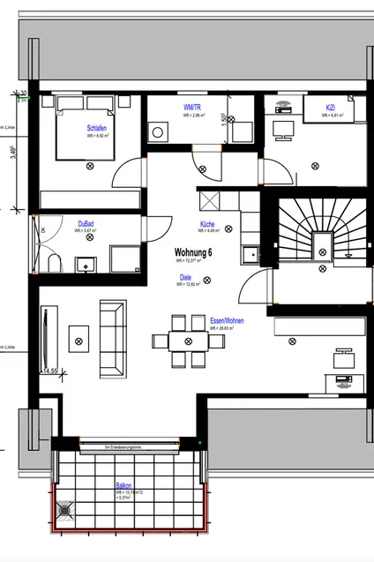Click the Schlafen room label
pyautogui.click(x=96, y=128)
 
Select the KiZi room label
pyautogui.click(x=330, y=107)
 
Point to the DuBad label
pyautogui.click(x=86, y=223)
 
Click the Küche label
pyautogui.click(x=207, y=224)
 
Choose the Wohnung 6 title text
pyautogui.click(x=195, y=252)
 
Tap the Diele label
pyautogui.click(x=186, y=277)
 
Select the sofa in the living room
pyautogui.click(x=112, y=337)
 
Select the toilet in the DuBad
pyautogui.click(x=54, y=265)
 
